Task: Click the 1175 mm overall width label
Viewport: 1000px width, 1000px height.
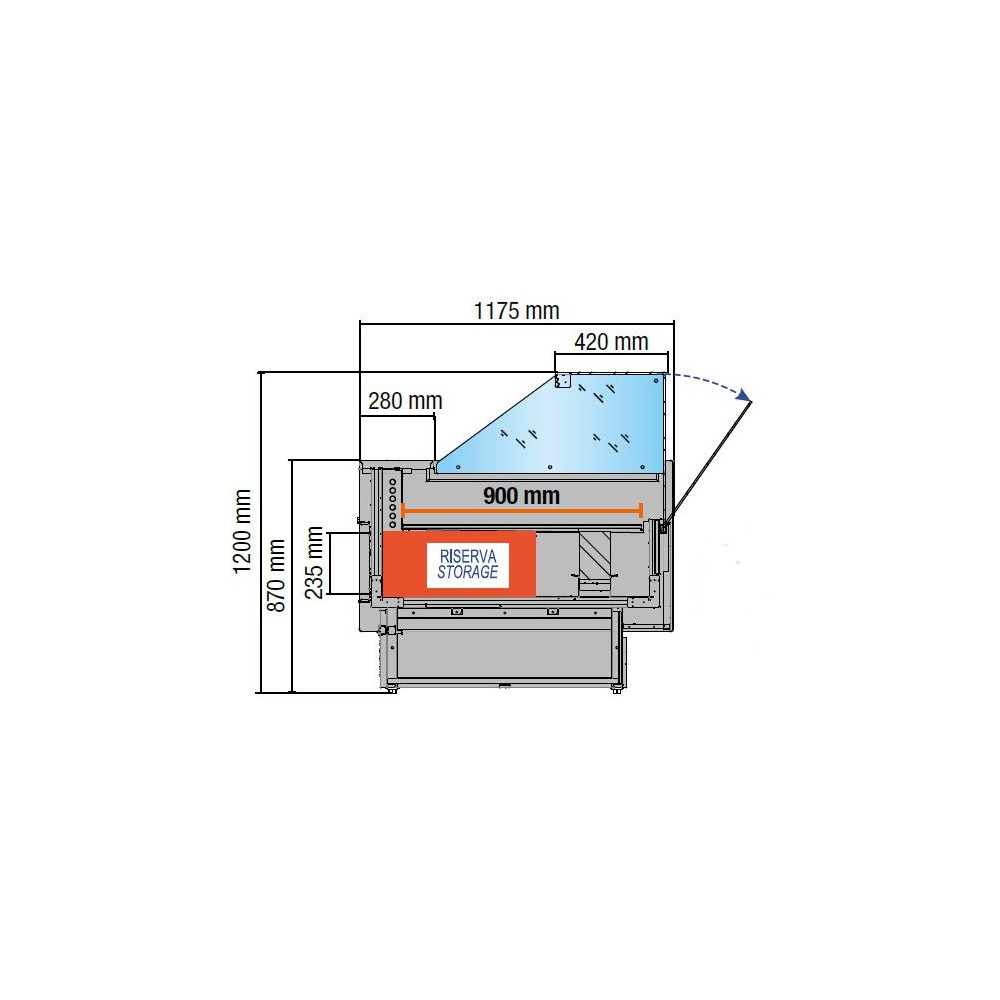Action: pyautogui.click(x=516, y=310)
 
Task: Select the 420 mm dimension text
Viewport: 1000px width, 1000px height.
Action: pyautogui.click(x=611, y=342)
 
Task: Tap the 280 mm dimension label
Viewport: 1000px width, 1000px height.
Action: pyautogui.click(x=405, y=402)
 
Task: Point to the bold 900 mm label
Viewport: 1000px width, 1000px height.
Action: pyautogui.click(x=521, y=495)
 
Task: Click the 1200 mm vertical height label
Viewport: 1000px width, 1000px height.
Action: pyautogui.click(x=242, y=531)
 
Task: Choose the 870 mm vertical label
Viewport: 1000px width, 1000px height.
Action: pyautogui.click(x=277, y=575)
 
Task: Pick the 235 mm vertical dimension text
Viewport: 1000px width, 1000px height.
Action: pyautogui.click(x=314, y=563)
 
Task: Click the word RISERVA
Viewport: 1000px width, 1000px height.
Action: pyautogui.click(x=468, y=555)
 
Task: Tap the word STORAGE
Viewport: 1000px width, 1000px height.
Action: pyautogui.click(x=467, y=572)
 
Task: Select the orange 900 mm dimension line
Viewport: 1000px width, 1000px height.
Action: pyautogui.click(x=521, y=511)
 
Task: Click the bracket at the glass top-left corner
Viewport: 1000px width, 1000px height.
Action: pyautogui.click(x=562, y=381)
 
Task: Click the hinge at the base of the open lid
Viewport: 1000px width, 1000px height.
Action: pyautogui.click(x=664, y=523)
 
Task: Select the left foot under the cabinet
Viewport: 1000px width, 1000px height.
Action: pyautogui.click(x=392, y=688)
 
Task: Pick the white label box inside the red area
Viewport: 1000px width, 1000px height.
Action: pyautogui.click(x=468, y=564)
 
